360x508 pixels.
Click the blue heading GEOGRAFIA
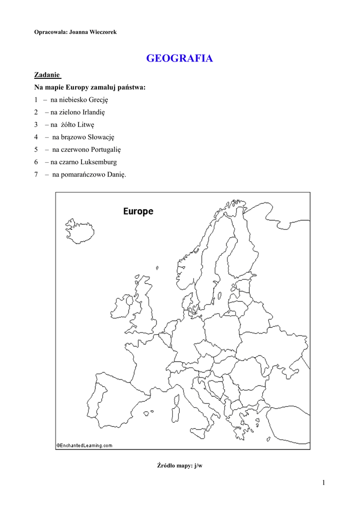179,59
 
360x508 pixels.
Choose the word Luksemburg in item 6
99,162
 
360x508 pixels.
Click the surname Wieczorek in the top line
103,32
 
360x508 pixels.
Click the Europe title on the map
138,211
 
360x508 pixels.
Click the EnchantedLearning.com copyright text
84,445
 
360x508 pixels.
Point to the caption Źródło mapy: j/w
180,465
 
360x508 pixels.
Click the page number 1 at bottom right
323,483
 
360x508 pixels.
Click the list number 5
36,149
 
